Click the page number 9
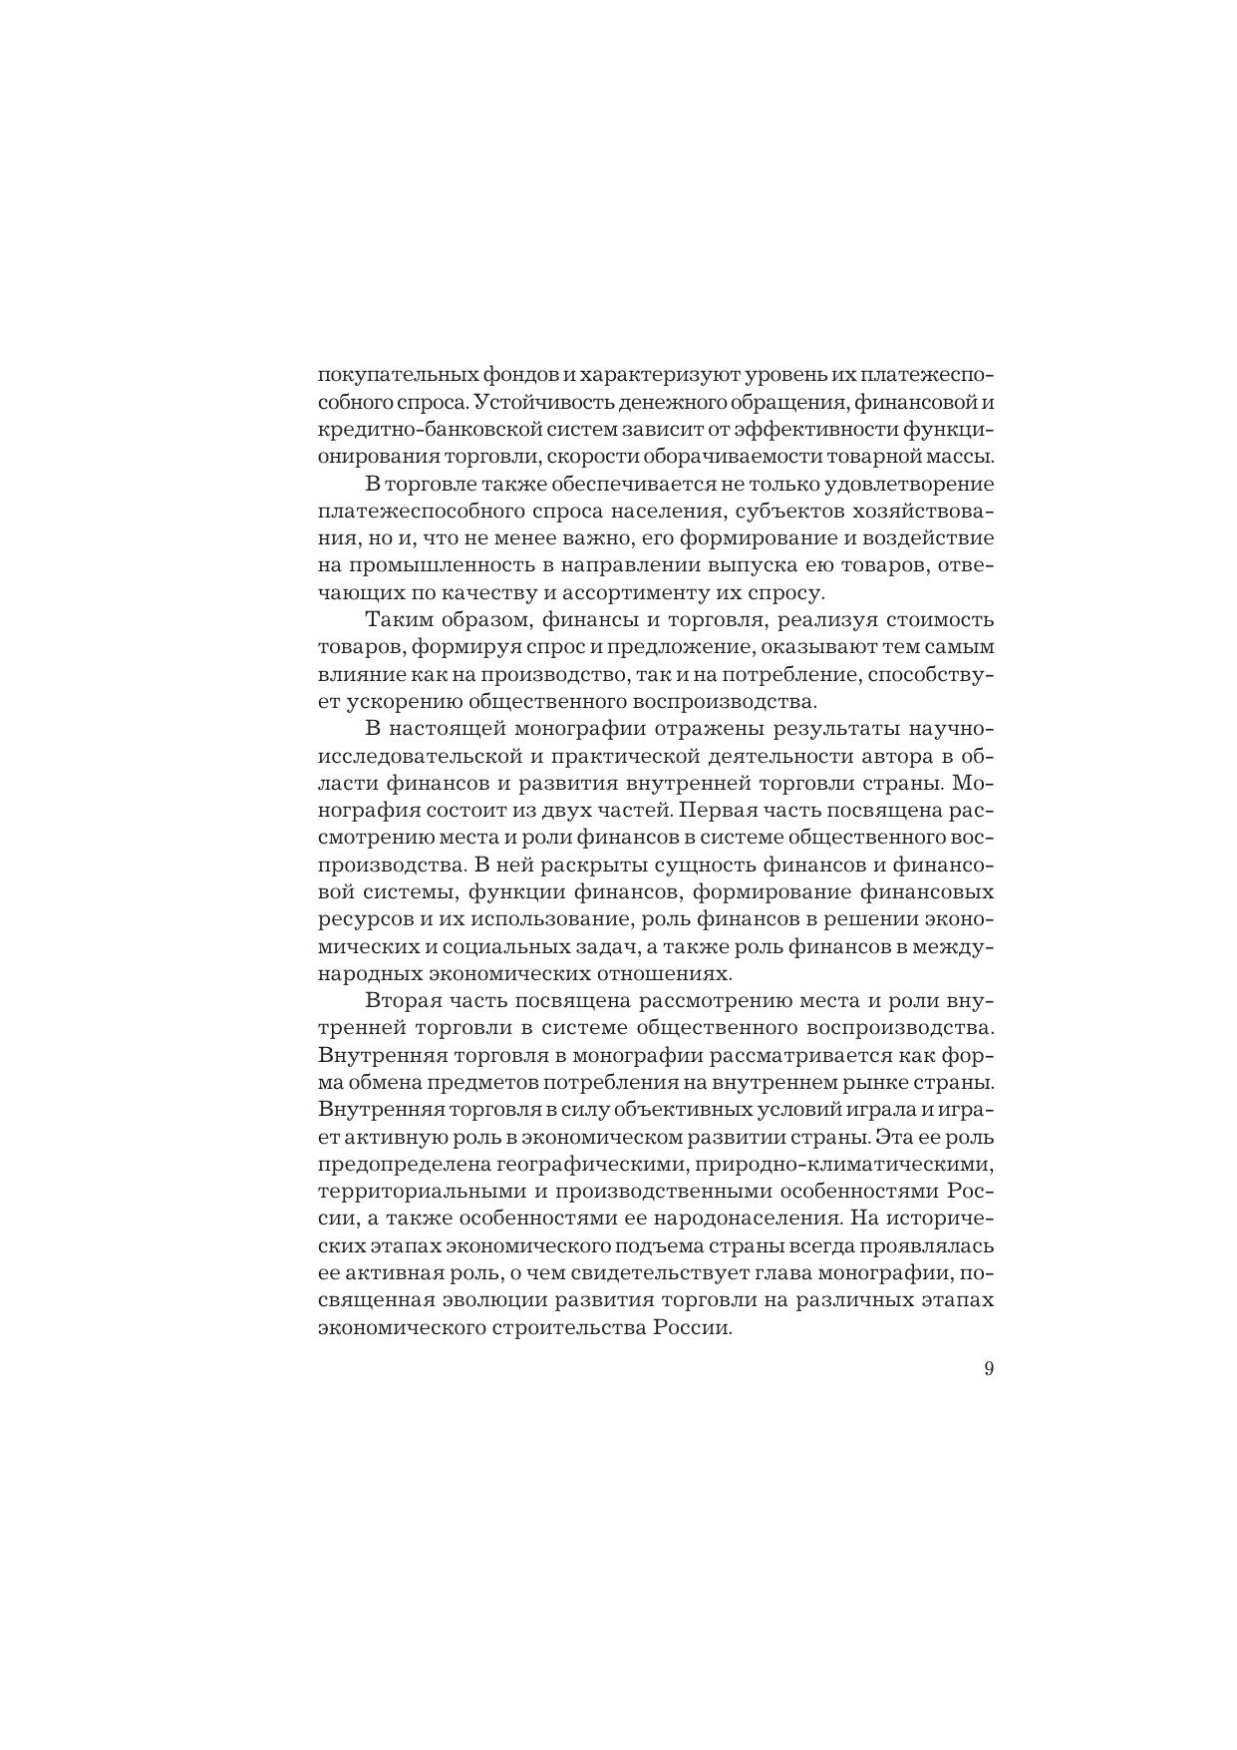tap(988, 1369)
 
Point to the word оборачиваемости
tap(747, 457)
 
